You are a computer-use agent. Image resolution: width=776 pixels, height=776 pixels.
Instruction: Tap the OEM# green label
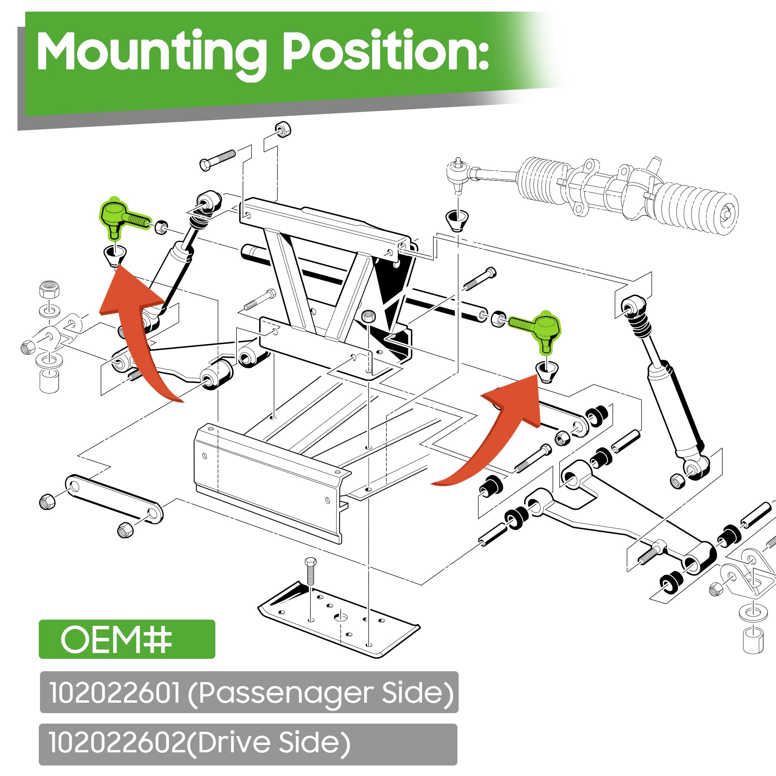click(x=127, y=639)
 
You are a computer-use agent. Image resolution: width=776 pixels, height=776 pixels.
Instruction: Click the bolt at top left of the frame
click(x=217, y=160)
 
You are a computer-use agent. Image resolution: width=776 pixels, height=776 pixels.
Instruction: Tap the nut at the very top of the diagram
click(x=283, y=129)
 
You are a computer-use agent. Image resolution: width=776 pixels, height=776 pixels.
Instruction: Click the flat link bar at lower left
click(x=114, y=499)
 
